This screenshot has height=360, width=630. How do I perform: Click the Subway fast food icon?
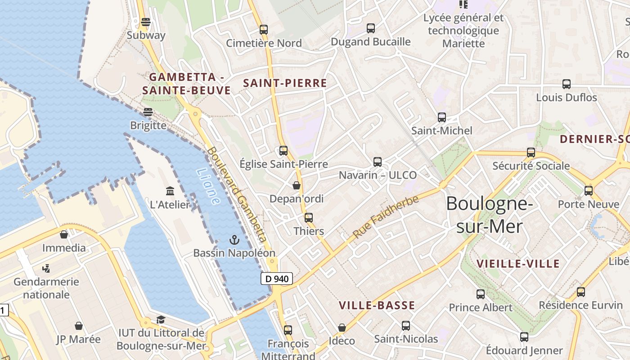(145, 22)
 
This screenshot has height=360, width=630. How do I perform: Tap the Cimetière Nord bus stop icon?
(264, 30)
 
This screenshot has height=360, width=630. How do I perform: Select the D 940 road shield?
(277, 279)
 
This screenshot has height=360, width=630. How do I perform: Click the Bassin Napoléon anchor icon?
(234, 239)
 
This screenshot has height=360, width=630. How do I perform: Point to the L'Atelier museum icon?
(170, 191)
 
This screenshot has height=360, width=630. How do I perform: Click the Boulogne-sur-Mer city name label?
(490, 215)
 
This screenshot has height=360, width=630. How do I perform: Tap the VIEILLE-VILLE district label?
(518, 264)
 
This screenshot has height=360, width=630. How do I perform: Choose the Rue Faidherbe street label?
(386, 217)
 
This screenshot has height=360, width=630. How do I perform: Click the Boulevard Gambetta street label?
(237, 195)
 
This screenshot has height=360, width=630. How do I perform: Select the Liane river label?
(208, 186)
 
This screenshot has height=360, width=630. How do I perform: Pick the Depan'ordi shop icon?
(297, 185)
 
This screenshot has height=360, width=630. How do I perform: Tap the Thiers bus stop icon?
(309, 217)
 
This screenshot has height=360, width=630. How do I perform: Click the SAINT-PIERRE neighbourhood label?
(285, 83)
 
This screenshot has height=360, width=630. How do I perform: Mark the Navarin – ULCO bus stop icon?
(378, 162)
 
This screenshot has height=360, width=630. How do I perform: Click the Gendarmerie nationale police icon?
(46, 269)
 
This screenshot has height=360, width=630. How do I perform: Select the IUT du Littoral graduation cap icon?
(161, 319)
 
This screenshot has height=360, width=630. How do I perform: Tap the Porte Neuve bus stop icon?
(589, 190)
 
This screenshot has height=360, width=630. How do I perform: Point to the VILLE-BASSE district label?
(377, 306)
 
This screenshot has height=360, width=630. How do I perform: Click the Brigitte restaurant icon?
(148, 112)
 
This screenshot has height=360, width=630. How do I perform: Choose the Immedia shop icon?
(64, 234)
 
